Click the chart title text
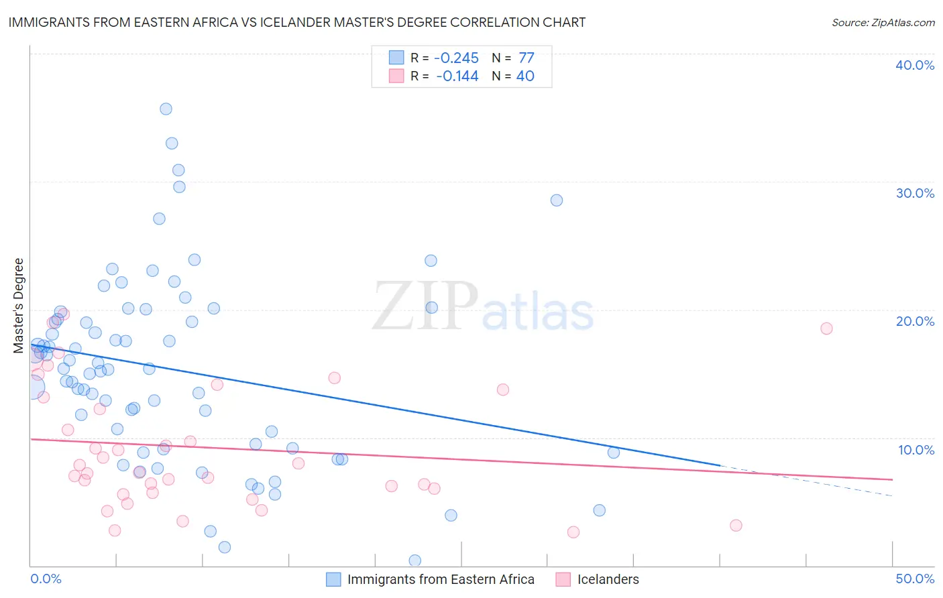point(296,22)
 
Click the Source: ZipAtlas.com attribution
point(883,22)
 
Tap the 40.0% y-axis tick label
point(915,65)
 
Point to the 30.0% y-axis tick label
point(915,193)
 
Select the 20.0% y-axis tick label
point(915,321)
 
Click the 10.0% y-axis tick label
point(916,450)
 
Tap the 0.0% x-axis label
point(46,579)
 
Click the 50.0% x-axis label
point(915,579)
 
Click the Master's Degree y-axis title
point(19,306)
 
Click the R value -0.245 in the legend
point(456,58)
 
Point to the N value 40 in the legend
point(525,76)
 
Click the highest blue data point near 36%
point(166,109)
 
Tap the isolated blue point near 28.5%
point(557,200)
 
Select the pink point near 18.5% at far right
point(826,328)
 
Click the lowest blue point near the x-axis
point(415,560)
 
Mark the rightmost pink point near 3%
point(736,525)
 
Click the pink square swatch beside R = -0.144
point(396,76)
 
